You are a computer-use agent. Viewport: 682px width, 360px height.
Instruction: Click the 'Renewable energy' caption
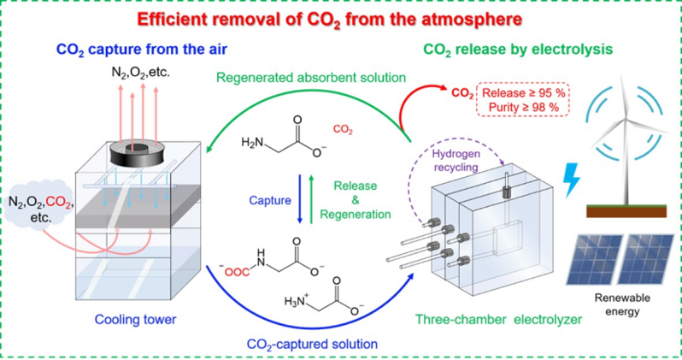pyautogui.click(x=620, y=307)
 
